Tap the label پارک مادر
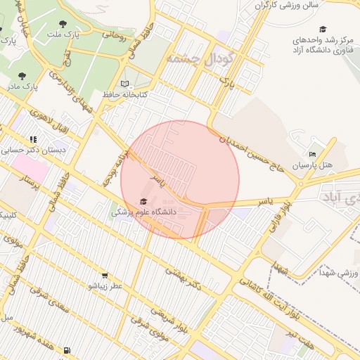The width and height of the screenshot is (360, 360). pos(20,86)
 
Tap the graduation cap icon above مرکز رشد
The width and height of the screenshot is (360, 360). pos(323,30)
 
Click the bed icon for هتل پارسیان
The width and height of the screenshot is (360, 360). pos(313,154)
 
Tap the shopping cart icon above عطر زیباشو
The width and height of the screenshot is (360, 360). pos(105,276)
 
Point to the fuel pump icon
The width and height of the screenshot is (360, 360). pos(66,349)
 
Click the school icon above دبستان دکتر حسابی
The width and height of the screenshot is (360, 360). pos(33,139)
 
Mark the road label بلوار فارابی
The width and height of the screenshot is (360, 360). pos(277,216)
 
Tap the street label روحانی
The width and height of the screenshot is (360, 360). pos(113,35)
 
